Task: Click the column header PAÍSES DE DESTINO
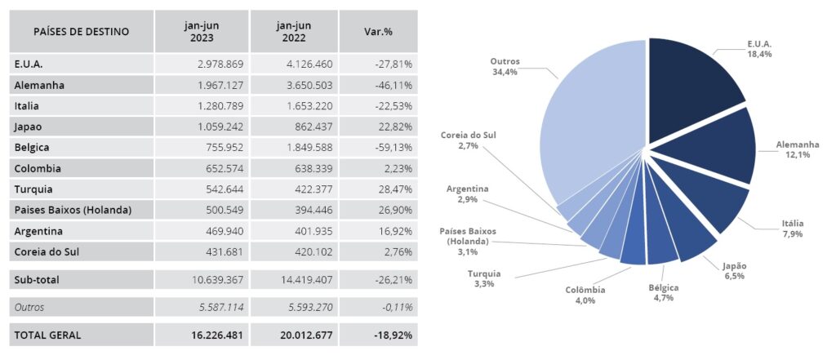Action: point(81,31)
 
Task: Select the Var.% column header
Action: point(378,31)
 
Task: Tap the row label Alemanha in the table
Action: point(39,84)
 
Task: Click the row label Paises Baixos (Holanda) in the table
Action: point(73,210)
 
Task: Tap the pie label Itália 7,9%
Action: point(792,228)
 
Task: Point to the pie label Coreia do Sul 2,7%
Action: point(469,140)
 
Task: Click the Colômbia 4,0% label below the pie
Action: point(585,295)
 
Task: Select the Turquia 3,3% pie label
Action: point(484,278)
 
